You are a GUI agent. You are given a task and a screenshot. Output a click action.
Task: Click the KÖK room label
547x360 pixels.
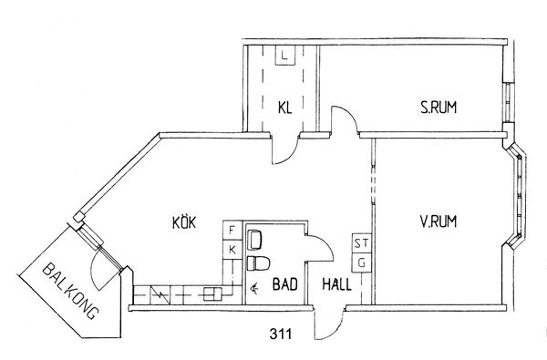pyautogui.click(x=184, y=222)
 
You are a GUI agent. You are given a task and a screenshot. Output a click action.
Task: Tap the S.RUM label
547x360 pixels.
pyautogui.click(x=439, y=108)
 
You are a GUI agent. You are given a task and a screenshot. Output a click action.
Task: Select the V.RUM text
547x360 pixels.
pyautogui.click(x=439, y=221)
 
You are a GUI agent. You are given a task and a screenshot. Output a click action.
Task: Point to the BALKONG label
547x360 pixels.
pyautogui.click(x=69, y=291)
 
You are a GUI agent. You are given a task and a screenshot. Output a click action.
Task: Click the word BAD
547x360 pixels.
pyautogui.click(x=285, y=284)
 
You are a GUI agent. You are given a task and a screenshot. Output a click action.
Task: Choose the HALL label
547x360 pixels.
pyautogui.click(x=336, y=284)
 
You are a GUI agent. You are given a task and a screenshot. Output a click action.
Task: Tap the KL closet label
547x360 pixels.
pyautogui.click(x=284, y=108)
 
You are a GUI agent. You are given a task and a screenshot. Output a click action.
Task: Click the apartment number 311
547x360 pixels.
pyautogui.click(x=281, y=334)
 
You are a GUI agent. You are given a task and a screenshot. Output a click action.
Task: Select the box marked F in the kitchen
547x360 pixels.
pyautogui.click(x=232, y=231)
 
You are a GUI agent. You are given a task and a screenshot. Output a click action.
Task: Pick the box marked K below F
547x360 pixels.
pyautogui.click(x=232, y=250)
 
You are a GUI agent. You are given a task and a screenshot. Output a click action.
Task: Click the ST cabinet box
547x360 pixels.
pyautogui.click(x=361, y=243)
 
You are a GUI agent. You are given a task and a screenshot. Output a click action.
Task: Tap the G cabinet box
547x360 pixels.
pyautogui.click(x=361, y=262)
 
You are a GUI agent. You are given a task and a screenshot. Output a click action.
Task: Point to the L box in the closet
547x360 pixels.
pyautogui.click(x=284, y=56)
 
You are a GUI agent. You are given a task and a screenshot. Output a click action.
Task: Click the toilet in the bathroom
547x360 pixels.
pyautogui.click(x=259, y=263)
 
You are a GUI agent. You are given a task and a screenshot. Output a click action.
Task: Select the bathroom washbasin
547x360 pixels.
pyautogui.click(x=254, y=240)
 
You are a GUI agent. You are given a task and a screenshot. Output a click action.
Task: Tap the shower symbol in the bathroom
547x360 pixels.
pyautogui.click(x=254, y=288)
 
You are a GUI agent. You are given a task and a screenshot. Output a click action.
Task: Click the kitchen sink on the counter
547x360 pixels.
pyautogui.click(x=212, y=293)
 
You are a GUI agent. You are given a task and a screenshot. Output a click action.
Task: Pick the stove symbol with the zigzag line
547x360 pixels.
pyautogui.click(x=160, y=294)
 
